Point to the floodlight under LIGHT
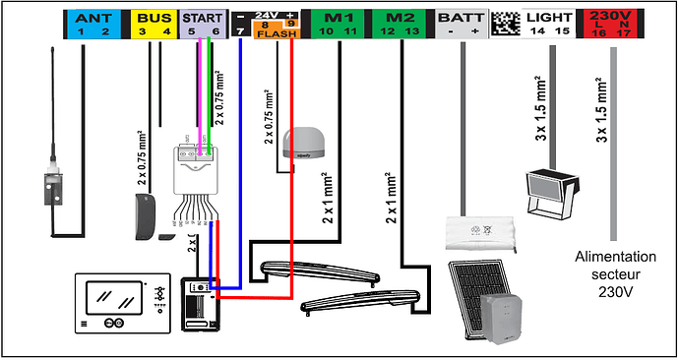[x=547, y=192]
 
